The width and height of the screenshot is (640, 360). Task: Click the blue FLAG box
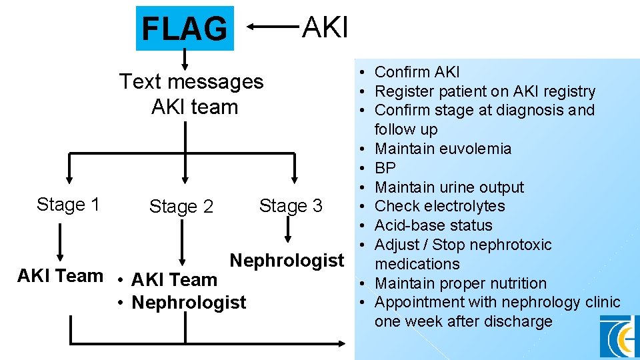coord(185,29)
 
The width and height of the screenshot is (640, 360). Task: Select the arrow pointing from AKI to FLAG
coord(273,27)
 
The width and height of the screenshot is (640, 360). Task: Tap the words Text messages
coord(191,82)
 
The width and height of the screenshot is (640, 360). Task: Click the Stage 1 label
coord(68,205)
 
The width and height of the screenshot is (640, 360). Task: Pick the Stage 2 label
coord(181,207)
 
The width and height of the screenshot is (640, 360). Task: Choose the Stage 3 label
coord(291,206)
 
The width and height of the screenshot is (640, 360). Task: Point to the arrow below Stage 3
coord(288,230)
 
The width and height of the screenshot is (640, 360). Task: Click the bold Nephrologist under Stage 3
coord(287,260)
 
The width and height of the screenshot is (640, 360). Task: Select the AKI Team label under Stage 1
coord(60,275)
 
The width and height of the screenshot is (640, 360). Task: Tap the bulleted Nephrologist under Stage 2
coord(189,302)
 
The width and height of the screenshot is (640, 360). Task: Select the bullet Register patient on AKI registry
coord(485,91)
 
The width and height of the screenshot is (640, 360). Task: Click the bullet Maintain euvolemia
coord(443,149)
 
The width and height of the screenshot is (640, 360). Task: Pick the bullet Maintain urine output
coord(449,187)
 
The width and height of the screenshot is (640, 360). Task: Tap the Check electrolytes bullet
coord(440,206)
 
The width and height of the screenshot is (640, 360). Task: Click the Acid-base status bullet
coord(433,225)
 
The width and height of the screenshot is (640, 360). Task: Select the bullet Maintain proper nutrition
coord(460,283)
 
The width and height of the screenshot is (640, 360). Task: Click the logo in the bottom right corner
coord(618,337)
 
